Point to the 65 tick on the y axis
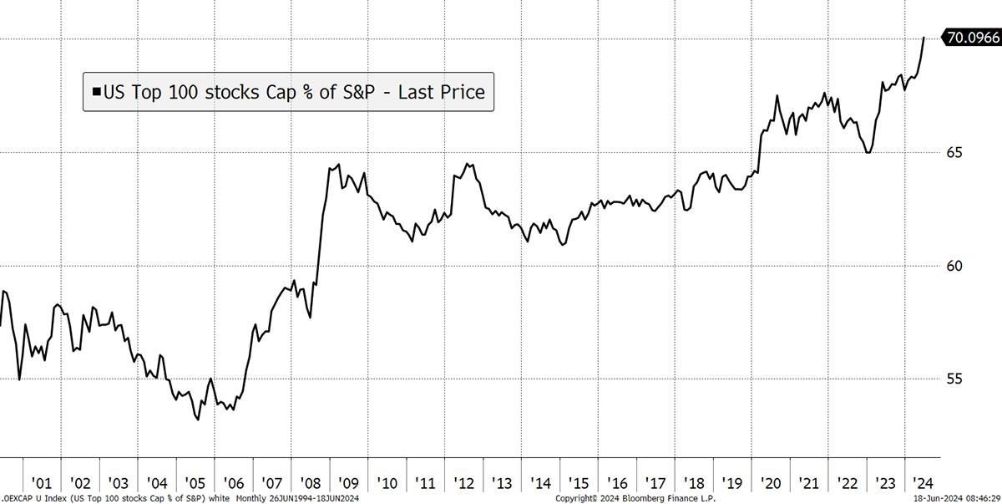coord(954,153)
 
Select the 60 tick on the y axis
coord(954,266)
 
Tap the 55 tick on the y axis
coord(954,379)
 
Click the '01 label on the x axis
coord(42,483)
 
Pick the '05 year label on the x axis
coord(195,483)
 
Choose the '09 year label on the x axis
coord(348,483)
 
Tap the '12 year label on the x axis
coord(463,483)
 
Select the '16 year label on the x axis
coord(617,483)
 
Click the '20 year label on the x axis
coord(770,483)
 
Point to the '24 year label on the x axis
coord(923,483)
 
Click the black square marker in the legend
coord(96,92)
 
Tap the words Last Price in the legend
coord(442,92)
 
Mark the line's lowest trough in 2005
coord(198,420)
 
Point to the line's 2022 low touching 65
coord(868,153)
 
